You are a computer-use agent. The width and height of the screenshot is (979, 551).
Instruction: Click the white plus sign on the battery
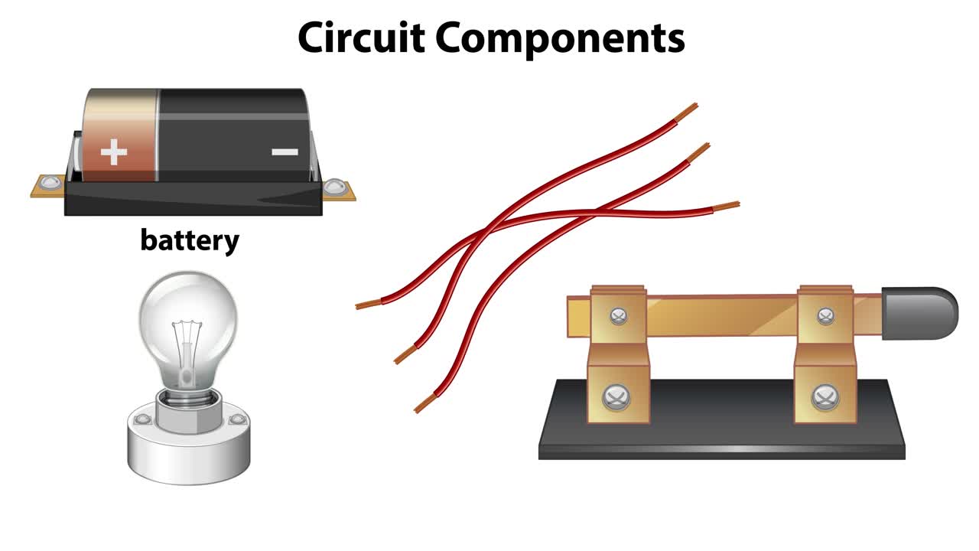(114, 152)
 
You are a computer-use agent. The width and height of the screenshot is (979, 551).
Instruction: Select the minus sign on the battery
(285, 152)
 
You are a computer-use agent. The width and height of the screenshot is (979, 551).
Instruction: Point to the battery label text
(190, 240)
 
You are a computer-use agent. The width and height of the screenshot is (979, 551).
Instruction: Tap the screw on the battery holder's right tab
(334, 186)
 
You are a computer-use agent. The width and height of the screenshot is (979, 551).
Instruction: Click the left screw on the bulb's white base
(141, 420)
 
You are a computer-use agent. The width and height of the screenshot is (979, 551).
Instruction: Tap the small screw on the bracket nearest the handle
(825, 315)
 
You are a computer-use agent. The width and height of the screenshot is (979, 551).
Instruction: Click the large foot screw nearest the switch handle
(824, 396)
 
